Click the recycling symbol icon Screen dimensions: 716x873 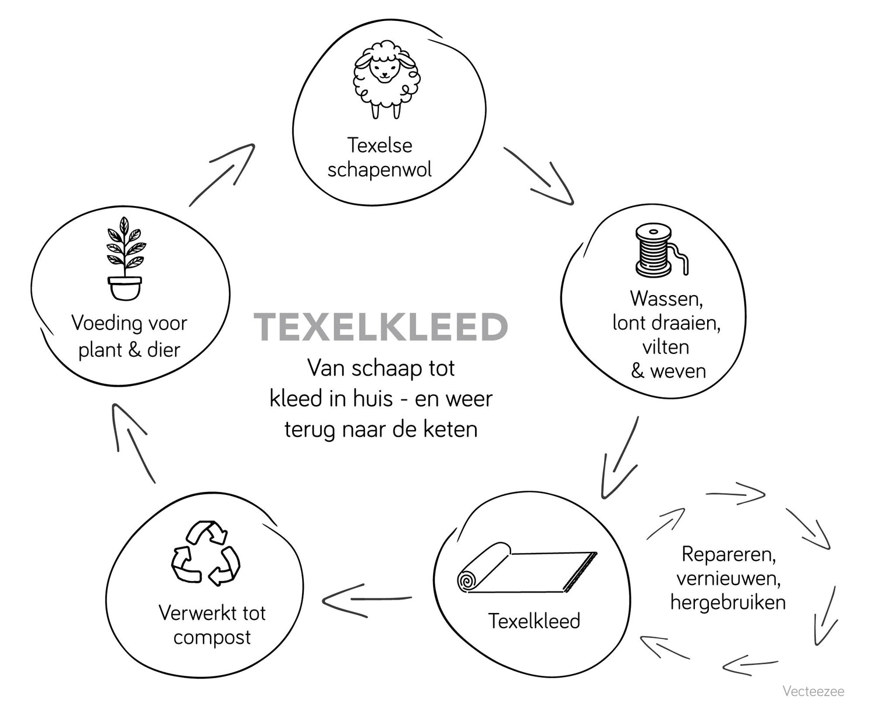tap(205, 553)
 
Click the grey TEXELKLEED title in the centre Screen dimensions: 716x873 tap(381, 327)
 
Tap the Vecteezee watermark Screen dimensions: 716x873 tap(813, 692)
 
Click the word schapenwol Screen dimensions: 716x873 tap(379, 170)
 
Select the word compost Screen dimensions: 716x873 tap(212, 637)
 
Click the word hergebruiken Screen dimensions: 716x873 tap(728, 602)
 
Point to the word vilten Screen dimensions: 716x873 tap(666, 347)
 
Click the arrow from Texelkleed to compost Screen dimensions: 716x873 tap(367, 600)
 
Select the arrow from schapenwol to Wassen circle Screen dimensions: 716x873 tap(540, 176)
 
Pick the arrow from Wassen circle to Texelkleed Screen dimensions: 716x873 tap(620, 455)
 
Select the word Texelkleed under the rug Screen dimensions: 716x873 tap(534, 621)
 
